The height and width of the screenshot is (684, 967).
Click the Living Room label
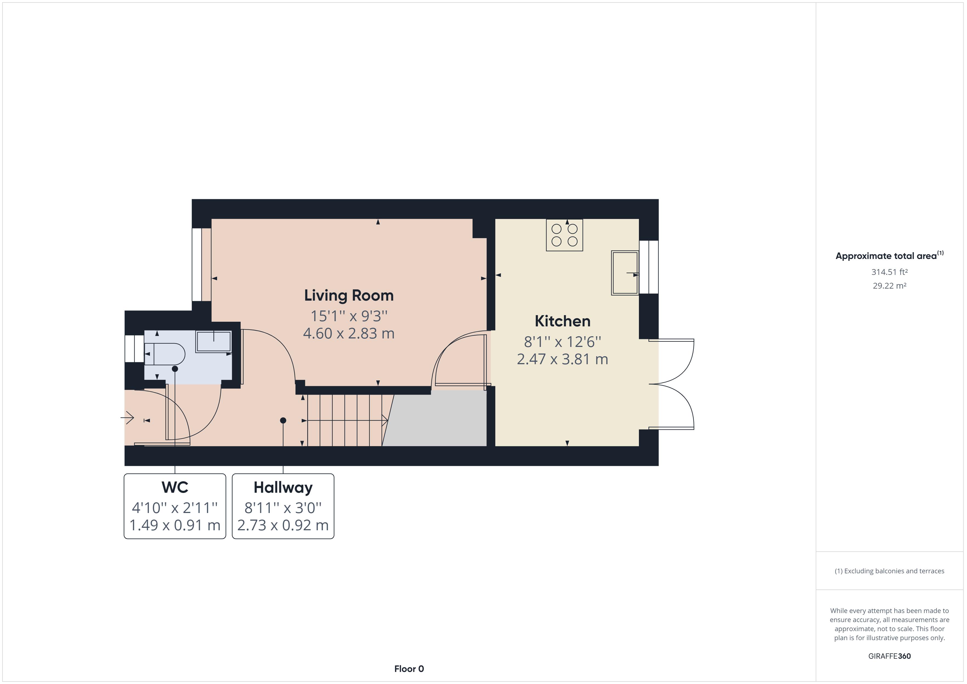tap(349, 296)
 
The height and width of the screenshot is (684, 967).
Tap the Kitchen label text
tap(562, 321)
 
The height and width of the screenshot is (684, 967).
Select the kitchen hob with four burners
tap(564, 235)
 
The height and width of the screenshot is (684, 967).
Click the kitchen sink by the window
tap(625, 273)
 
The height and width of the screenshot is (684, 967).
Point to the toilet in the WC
tap(165, 354)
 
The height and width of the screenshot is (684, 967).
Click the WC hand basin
tap(214, 341)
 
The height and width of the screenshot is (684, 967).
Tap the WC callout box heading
tap(175, 487)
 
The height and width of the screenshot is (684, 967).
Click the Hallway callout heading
tap(283, 487)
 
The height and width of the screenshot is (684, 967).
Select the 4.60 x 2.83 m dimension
tap(349, 334)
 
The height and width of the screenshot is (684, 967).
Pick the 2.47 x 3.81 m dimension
tap(562, 359)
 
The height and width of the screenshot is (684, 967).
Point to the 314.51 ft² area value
tap(889, 272)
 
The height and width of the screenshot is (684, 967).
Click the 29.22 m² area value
tap(889, 286)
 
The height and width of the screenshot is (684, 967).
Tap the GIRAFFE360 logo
tap(889, 656)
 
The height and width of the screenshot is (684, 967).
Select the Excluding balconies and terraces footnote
tap(889, 571)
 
